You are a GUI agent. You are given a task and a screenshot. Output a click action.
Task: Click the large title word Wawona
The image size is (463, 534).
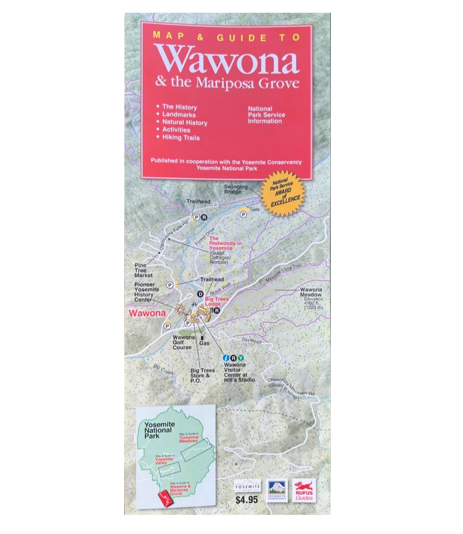227,59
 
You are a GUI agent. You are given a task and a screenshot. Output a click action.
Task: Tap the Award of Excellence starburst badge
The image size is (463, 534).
286,193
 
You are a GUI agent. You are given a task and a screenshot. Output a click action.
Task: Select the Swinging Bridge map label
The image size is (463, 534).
236,189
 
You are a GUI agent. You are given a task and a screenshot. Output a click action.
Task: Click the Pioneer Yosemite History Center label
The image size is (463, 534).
144,291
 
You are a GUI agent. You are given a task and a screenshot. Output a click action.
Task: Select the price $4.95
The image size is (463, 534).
247,499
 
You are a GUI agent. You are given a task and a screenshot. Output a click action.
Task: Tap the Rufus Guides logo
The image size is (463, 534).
304,490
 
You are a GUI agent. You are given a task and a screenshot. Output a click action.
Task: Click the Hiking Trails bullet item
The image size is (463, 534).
181,137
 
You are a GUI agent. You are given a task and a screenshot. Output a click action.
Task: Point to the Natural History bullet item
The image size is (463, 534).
184,123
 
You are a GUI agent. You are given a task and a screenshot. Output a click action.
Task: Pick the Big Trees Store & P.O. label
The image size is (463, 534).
203,375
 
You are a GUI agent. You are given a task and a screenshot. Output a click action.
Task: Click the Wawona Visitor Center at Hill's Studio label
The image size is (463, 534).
238,372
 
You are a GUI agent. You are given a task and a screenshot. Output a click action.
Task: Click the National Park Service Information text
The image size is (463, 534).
266,115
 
